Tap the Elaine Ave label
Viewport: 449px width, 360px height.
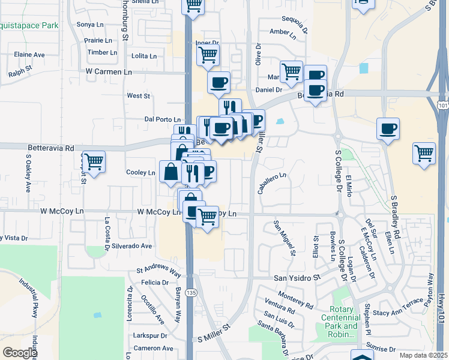[x=29, y=55]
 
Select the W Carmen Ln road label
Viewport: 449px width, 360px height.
[x=109, y=71]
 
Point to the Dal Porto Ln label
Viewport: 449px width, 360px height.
[x=163, y=119]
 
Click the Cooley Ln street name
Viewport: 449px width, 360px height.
[x=140, y=172]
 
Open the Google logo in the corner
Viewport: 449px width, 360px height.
[x=20, y=352]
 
